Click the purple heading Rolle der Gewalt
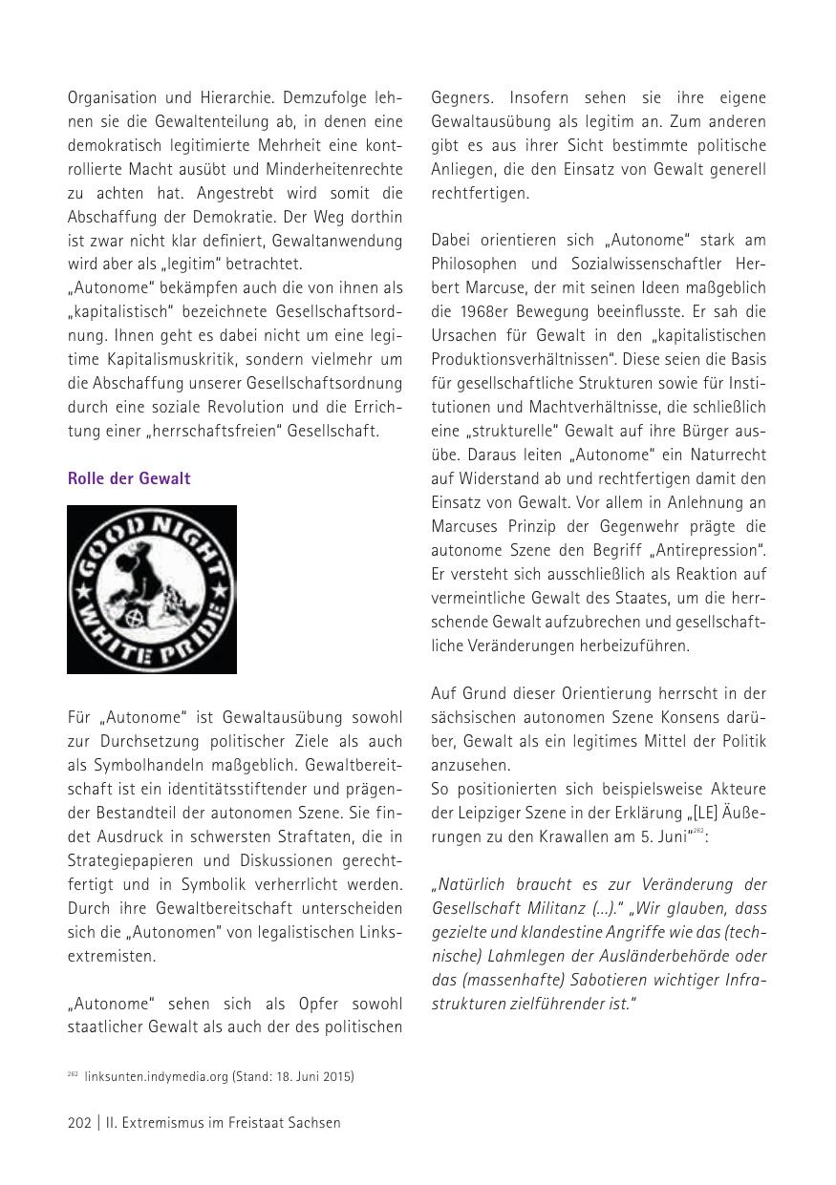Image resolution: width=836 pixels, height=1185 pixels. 129,478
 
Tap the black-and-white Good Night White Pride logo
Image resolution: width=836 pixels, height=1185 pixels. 152,589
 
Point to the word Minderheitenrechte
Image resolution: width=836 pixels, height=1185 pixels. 335,169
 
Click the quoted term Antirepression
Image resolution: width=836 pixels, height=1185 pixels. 708,550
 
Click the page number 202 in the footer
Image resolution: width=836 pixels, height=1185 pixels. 79,1123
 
